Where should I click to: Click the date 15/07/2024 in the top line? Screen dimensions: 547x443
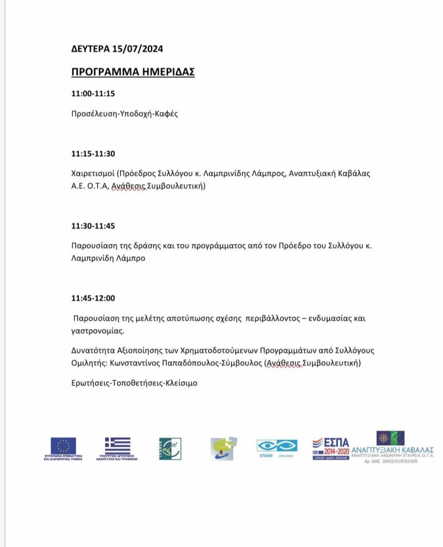point(138,49)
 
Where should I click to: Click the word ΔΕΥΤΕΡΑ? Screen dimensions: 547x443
point(91,49)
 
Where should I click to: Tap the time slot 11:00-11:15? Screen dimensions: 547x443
point(93,93)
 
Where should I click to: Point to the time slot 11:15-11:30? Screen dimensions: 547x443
point(93,154)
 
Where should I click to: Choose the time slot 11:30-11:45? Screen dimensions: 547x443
point(93,226)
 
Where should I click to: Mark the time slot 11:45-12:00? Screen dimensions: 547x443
point(93,298)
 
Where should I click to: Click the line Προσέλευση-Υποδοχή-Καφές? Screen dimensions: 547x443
point(124,114)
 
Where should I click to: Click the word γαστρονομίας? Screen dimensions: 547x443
point(97,331)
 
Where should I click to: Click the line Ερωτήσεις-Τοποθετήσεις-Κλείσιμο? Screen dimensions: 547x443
point(134,383)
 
